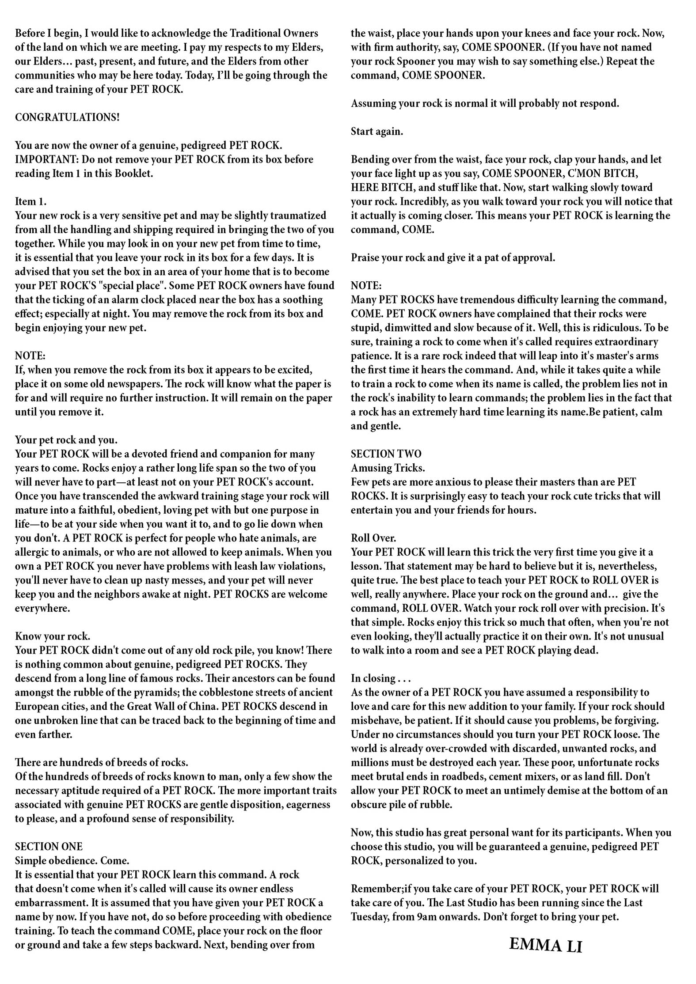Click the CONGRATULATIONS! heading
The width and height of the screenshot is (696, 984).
[x=67, y=117]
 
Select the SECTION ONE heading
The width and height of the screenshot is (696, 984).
[x=49, y=847]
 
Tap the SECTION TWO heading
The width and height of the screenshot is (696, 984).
[x=386, y=454]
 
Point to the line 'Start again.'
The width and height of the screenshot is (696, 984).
[x=377, y=132]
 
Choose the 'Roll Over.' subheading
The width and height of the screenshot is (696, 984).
[x=374, y=538]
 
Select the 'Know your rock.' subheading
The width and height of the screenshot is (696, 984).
[x=53, y=636]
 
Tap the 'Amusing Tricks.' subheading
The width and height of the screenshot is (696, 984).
[x=388, y=468]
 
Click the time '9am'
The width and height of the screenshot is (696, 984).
[x=427, y=917]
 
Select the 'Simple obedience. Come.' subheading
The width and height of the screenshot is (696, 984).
[x=72, y=861]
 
